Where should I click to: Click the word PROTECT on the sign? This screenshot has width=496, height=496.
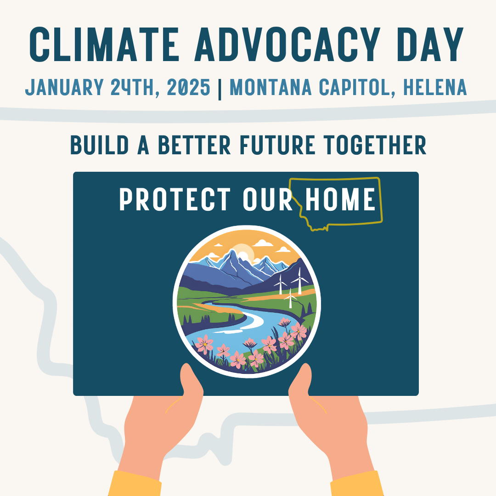click(175, 200)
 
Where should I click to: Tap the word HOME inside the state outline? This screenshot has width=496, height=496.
click(340, 200)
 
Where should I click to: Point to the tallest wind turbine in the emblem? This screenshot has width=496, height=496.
click(299, 280)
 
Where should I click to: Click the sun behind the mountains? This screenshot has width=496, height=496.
click(244, 252)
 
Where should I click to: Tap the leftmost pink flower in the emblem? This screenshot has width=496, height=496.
click(204, 344)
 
